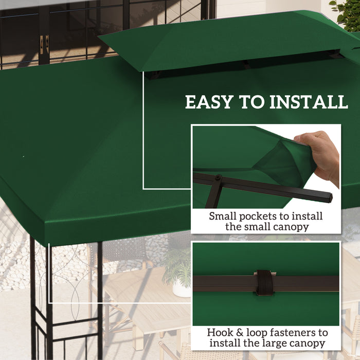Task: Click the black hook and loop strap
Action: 265,283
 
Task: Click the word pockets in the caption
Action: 256,216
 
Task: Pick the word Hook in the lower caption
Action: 220,332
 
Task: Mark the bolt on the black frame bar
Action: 218,178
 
